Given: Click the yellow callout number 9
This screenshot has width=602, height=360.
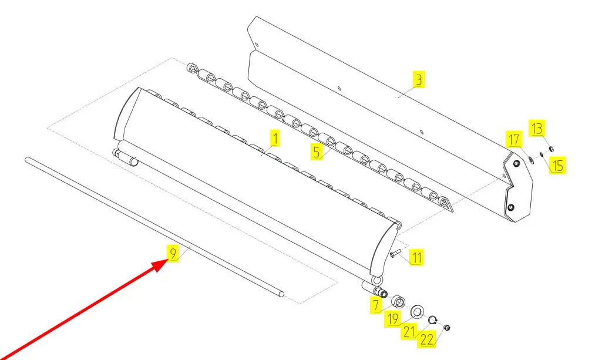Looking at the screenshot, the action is (x=173, y=253).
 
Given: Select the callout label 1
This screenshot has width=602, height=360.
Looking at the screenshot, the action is (x=274, y=138).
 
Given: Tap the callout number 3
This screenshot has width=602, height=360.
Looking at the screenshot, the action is (x=419, y=79).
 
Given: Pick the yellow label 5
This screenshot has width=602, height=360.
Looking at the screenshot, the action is (x=316, y=152).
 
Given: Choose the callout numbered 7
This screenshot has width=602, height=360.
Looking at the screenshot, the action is (x=376, y=305).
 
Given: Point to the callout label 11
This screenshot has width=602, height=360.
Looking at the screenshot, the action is (x=416, y=257).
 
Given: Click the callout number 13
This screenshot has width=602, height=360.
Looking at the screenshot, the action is (x=537, y=128).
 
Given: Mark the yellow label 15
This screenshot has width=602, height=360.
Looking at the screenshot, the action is (x=557, y=166).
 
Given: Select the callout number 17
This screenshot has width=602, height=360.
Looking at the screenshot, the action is (x=514, y=140).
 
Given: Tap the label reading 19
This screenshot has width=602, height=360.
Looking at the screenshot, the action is (x=392, y=319).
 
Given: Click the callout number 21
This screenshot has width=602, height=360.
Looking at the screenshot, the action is (x=409, y=331).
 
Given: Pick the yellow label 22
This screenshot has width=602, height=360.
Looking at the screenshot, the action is (x=426, y=339).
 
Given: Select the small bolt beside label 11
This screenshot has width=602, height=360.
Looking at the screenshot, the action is (x=395, y=253).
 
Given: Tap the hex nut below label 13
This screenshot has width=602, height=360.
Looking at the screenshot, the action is (x=550, y=149).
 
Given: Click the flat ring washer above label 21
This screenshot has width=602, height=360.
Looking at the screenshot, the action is (x=417, y=312).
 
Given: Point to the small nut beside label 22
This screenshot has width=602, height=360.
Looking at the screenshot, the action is (x=446, y=328).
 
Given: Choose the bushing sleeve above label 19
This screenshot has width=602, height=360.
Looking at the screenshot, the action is (x=398, y=302).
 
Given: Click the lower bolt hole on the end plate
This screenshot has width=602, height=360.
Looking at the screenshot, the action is (x=510, y=208).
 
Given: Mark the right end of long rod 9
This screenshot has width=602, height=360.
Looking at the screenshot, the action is (x=282, y=294).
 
